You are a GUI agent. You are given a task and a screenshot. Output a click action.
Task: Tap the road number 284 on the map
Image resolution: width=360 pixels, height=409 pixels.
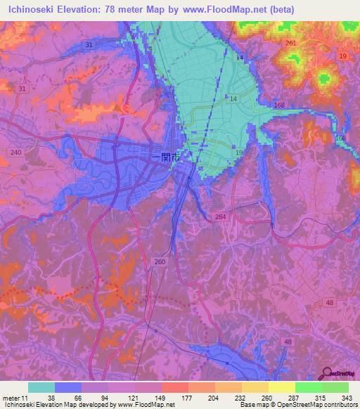click(220, 217)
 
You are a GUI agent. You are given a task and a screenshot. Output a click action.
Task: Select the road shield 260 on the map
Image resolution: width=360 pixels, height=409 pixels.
click(160, 261)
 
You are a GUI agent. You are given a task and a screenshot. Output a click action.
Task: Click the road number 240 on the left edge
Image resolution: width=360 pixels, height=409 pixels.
click(15, 152)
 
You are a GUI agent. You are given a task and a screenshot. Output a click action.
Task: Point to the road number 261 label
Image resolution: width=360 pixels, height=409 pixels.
click(290, 44)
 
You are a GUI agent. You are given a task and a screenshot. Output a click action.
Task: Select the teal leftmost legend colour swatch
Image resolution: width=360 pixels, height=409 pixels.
click(41, 388)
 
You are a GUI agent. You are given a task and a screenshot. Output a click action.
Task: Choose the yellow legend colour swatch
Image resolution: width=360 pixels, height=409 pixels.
click(281, 388)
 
